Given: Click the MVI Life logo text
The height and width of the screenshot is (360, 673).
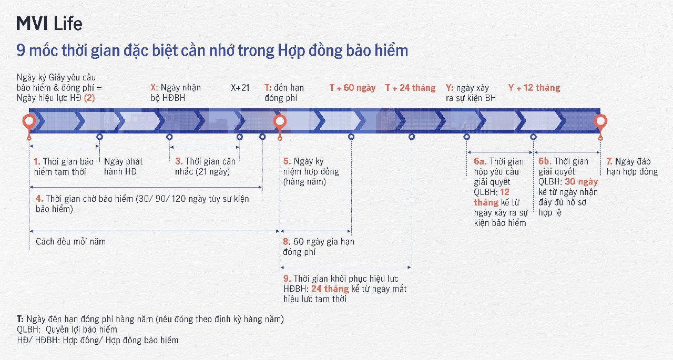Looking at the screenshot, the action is click(49, 24).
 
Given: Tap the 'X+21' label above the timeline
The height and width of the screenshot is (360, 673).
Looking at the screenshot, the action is click(240, 88).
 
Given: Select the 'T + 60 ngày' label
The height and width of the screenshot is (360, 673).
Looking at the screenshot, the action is click(352, 88).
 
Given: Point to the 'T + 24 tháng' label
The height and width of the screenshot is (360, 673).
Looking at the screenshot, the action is click(411, 88).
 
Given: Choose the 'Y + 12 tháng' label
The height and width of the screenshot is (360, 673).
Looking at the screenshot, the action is click(534, 88).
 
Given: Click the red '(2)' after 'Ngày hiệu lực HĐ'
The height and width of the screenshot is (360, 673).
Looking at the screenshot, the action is click(89, 98).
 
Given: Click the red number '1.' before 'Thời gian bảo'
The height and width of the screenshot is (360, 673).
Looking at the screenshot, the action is click(37, 161).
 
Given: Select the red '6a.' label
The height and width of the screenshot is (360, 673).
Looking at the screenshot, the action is click(480, 161).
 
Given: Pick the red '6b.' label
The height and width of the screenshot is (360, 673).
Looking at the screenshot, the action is click(545, 161).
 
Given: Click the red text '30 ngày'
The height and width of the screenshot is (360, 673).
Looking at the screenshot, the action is click(582, 182).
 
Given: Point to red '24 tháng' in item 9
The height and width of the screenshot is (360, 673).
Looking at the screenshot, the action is click(330, 289).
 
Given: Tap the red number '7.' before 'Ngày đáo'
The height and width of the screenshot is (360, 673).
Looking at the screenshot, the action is click(609, 161).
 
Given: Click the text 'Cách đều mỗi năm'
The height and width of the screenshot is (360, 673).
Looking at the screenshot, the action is click(70, 242).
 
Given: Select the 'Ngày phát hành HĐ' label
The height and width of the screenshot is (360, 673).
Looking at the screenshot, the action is click(123, 167).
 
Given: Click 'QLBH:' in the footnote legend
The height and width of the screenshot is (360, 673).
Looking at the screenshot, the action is click(28, 330).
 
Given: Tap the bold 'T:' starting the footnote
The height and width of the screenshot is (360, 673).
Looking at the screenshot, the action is click(20, 319).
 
